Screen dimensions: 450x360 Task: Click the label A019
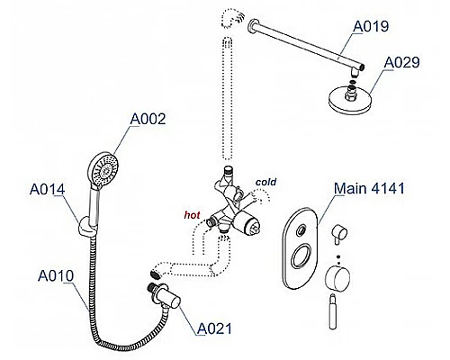point(371,26)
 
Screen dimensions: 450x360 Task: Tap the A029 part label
point(401,62)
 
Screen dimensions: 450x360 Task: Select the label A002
point(148,119)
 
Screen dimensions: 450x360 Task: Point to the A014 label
point(48,189)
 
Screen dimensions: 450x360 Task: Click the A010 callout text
point(56,276)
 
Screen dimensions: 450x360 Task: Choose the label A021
point(214,328)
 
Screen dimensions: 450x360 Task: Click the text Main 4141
point(369,188)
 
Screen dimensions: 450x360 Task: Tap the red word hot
point(192,215)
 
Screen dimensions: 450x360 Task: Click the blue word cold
point(265,182)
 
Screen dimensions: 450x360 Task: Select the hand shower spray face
point(103,168)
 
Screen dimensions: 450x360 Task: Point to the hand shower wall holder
point(86,227)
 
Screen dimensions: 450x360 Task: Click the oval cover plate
point(300,247)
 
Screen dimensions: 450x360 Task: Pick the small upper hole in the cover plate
point(301,231)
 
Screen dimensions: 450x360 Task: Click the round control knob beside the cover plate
point(338,279)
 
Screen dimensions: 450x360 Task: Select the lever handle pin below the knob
point(333,311)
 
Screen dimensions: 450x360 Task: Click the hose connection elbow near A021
point(166,295)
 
